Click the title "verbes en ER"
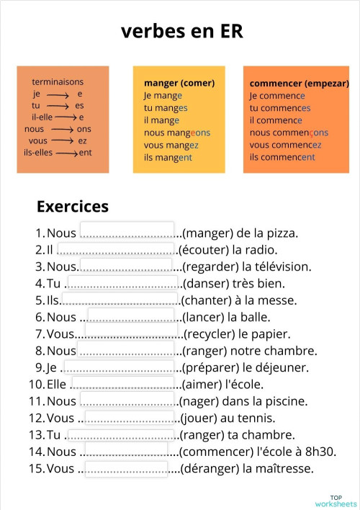(x=181, y=31)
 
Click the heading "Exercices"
(x=72, y=207)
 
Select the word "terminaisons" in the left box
(x=58, y=82)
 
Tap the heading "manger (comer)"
(x=179, y=83)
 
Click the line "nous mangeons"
(x=176, y=133)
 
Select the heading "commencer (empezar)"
(x=299, y=83)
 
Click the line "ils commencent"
(x=282, y=157)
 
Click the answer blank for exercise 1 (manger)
(x=127, y=231)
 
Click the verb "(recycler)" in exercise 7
(x=211, y=334)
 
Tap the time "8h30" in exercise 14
(x=321, y=452)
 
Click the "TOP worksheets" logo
(x=336, y=500)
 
